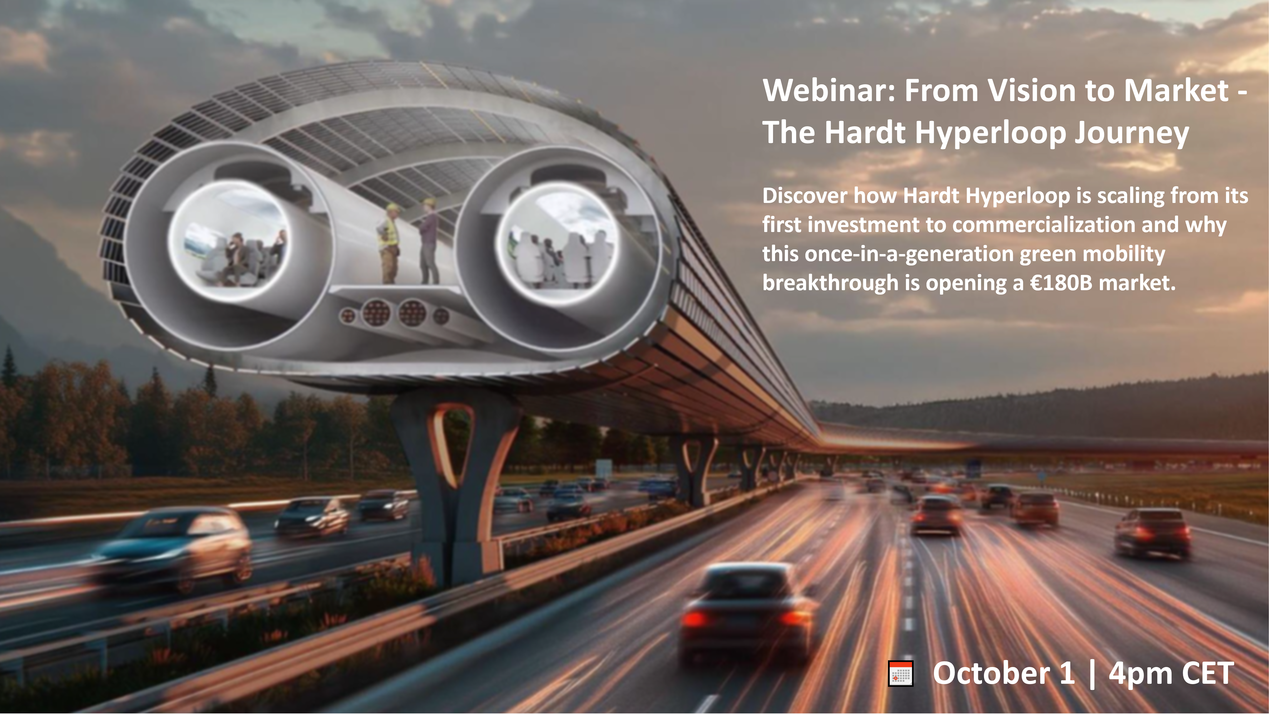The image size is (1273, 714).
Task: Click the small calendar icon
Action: click(900, 673)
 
